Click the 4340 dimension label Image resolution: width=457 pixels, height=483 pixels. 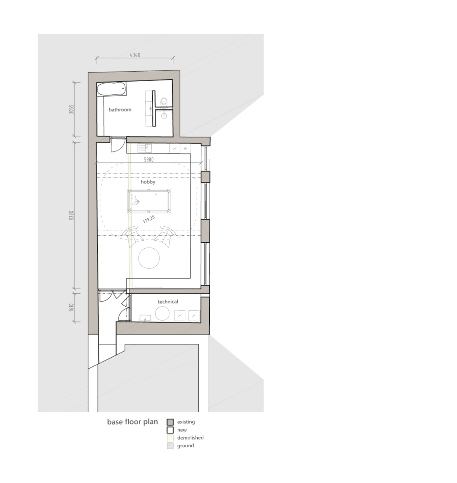click(135, 55)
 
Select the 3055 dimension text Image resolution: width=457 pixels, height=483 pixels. click(71, 109)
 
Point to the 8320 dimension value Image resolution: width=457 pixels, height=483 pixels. click(71, 215)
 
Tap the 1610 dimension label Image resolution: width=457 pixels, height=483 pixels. click(71, 308)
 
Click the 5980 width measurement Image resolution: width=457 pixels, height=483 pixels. click(148, 160)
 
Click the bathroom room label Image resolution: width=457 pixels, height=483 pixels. click(120, 109)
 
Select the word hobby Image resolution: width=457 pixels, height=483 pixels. click(148, 182)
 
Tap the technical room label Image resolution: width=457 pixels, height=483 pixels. click(168, 301)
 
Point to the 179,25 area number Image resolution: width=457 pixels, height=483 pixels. click(149, 219)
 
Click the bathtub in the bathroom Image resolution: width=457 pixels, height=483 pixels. click(112, 89)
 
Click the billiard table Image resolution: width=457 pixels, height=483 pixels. click(149, 201)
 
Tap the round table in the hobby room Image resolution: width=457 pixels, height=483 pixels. click(149, 258)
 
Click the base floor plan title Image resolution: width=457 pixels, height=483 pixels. click(133, 421)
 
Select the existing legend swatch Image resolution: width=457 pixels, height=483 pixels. click(170, 422)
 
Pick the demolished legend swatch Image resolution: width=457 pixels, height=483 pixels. click(170, 438)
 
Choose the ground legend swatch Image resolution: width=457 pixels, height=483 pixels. click(170, 446)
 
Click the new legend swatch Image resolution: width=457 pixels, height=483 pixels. click(170, 430)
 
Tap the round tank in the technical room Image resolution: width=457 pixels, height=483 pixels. click(162, 314)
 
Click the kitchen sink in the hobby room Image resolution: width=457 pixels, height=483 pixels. click(145, 148)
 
